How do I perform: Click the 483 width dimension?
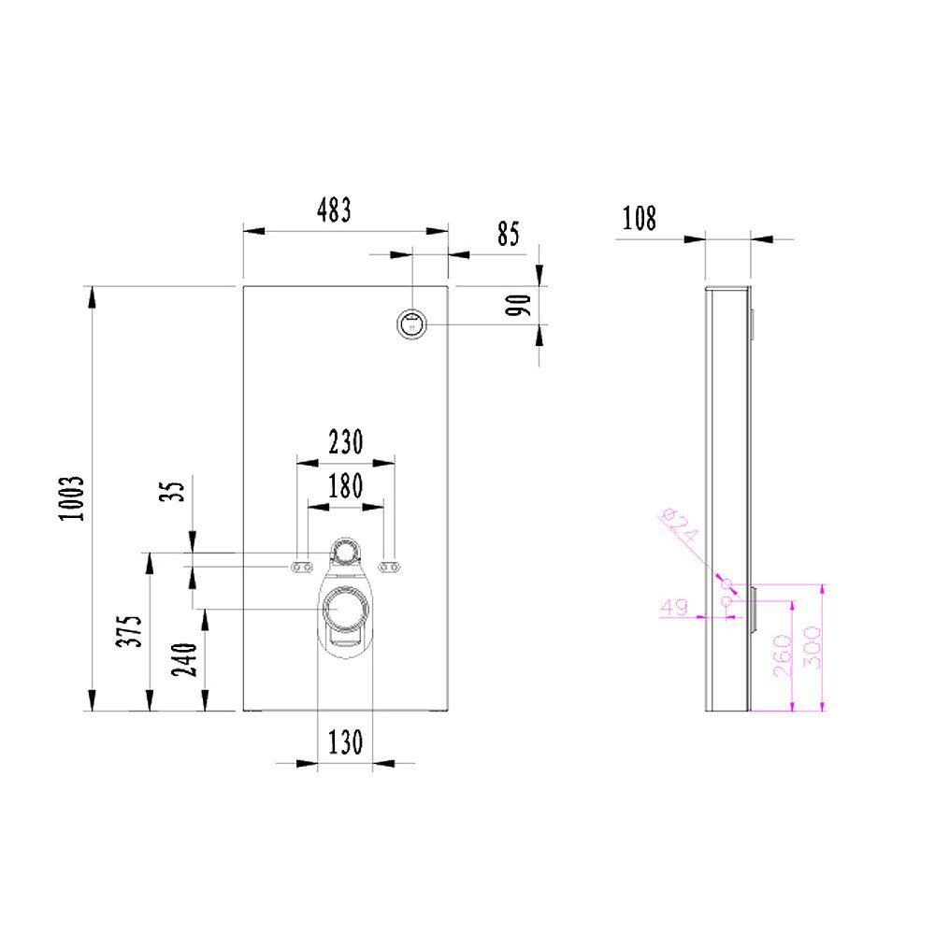tap(333, 211)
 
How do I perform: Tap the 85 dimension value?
tap(508, 234)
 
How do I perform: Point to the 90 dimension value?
tap(521, 305)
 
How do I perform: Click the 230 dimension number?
tap(345, 441)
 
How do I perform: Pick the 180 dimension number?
tap(345, 486)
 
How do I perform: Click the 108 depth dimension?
tap(640, 219)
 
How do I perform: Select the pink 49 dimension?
tap(673, 607)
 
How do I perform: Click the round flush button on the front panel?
tap(412, 324)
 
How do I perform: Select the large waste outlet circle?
tap(345, 609)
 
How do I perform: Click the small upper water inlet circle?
tap(346, 553)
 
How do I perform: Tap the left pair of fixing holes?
tap(302, 567)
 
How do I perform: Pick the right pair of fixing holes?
tap(389, 566)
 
